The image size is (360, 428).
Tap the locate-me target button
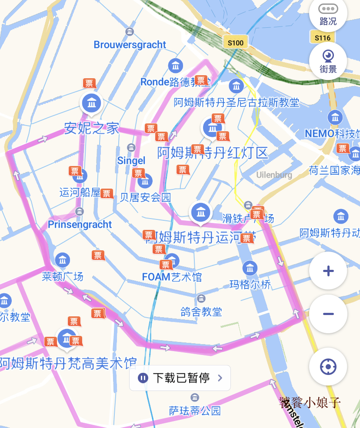(x=328, y=366)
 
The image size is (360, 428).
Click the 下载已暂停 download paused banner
(x=180, y=378)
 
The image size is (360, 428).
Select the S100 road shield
(x=236, y=42)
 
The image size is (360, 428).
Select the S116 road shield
(x=323, y=38)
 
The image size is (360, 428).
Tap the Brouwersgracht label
(x=130, y=45)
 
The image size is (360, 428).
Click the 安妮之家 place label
(x=91, y=128)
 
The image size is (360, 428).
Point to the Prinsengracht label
(x=80, y=225)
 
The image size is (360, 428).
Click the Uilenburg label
(x=274, y=175)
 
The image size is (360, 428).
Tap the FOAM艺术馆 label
(x=172, y=277)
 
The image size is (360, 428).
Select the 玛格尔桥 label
(x=250, y=285)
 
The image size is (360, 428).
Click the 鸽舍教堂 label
(x=201, y=312)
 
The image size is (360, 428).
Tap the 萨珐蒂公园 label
(x=195, y=411)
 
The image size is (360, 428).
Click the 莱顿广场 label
(x=63, y=276)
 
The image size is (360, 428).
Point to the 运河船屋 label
(x=80, y=192)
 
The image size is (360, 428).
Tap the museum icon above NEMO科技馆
(x=335, y=117)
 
